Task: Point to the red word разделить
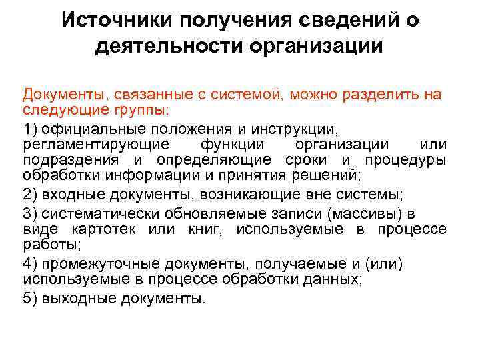click(x=379, y=94)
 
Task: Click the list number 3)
click(x=31, y=213)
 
